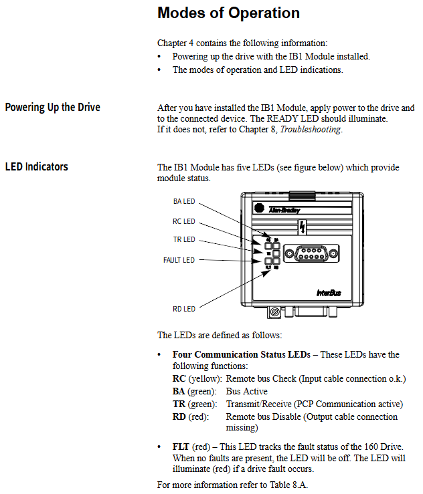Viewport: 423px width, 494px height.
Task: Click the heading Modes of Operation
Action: pos(228,13)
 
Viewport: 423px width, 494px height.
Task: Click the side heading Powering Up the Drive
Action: pos(53,107)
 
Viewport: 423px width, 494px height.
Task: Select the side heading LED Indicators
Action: pos(36,166)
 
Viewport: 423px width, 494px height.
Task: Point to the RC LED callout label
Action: pos(184,221)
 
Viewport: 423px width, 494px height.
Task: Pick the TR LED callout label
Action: pos(184,239)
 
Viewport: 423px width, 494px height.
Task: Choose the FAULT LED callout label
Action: pos(179,260)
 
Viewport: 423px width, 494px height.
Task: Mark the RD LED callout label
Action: pos(184,309)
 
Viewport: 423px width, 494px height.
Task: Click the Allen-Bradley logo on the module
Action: pos(284,209)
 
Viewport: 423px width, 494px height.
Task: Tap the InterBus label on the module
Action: pos(330,292)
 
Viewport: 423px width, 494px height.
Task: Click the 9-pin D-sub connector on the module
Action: pos(307,255)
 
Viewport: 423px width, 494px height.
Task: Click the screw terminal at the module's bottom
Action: pos(275,312)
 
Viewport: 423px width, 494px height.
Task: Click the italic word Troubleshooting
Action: pos(311,130)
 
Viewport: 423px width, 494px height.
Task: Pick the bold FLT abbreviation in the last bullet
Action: pos(181,447)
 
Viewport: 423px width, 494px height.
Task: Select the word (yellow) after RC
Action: pos(202,379)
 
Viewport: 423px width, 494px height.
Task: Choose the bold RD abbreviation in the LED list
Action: pos(179,416)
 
